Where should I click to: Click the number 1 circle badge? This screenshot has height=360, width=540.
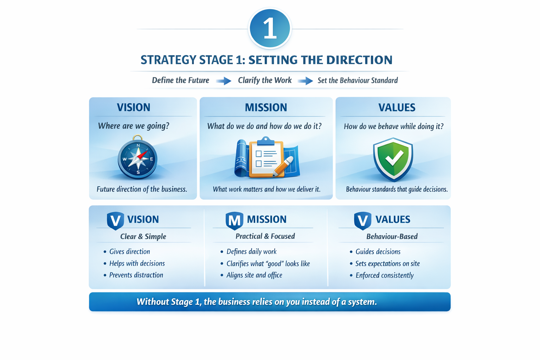[270, 28]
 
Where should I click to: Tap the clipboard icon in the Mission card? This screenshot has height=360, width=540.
[266, 157]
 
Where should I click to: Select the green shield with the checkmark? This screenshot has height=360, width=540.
[393, 159]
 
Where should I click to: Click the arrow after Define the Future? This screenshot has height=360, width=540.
[224, 81]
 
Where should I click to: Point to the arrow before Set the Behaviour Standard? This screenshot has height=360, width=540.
[305, 81]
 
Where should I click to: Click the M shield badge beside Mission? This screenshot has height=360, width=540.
[234, 220]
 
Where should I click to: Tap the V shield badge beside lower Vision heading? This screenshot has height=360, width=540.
[115, 220]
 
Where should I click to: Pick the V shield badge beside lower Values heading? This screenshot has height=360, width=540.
[362, 220]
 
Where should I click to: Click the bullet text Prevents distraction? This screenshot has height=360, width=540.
[136, 275]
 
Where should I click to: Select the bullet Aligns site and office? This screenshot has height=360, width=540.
[254, 275]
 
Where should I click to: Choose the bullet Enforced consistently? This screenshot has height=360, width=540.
[385, 276]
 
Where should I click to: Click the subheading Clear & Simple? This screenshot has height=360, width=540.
[143, 237]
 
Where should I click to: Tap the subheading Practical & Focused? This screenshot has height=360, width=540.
[265, 236]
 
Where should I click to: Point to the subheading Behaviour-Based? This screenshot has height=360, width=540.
[392, 237]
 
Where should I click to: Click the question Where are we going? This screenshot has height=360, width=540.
[134, 126]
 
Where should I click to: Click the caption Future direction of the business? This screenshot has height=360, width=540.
[142, 189]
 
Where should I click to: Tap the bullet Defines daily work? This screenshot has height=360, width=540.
[251, 252]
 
